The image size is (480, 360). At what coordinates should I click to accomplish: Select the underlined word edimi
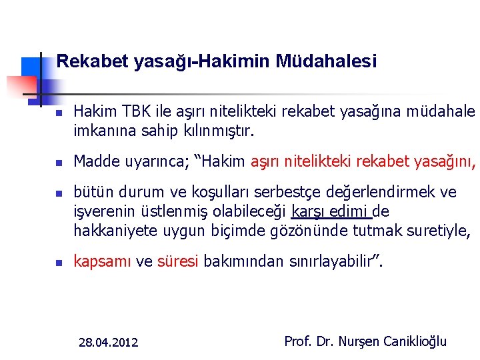351,212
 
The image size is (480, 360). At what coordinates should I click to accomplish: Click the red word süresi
178,261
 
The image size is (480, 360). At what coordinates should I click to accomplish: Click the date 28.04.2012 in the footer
108,343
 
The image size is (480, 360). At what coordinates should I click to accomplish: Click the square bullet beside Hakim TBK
59,113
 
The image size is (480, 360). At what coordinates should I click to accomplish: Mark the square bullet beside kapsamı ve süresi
59,263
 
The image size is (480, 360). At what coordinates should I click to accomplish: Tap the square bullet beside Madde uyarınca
59,163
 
